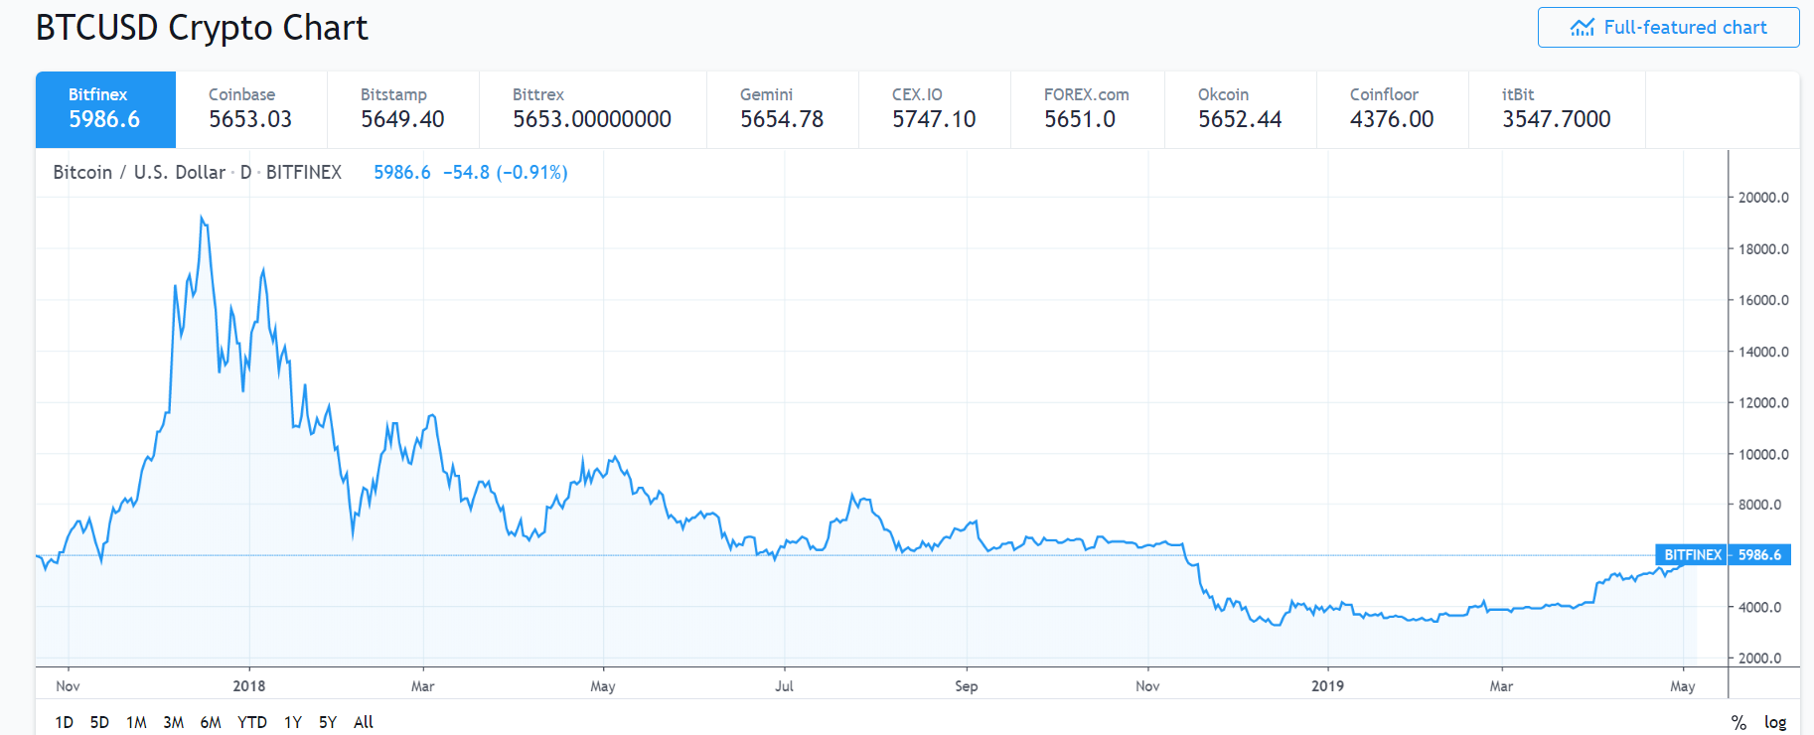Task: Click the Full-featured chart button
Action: pyautogui.click(x=1668, y=28)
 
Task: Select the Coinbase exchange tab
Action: pyautogui.click(x=250, y=109)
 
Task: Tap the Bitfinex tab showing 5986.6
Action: pyautogui.click(x=105, y=109)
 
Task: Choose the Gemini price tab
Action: pyautogui.click(x=782, y=109)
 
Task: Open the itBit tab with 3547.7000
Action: pyautogui.click(x=1556, y=109)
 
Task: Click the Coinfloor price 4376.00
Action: pyautogui.click(x=1392, y=119)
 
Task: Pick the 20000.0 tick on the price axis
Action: pyautogui.click(x=1762, y=198)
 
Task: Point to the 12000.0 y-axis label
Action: pyautogui.click(x=1762, y=402)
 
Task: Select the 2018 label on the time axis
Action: pyautogui.click(x=249, y=686)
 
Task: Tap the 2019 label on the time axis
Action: pyautogui.click(x=1327, y=686)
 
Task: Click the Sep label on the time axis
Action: pyautogui.click(x=966, y=686)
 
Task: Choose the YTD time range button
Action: pyautogui.click(x=252, y=722)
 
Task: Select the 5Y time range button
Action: pyautogui.click(x=328, y=722)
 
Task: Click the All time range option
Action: pyautogui.click(x=364, y=722)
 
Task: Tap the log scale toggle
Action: pyautogui.click(x=1775, y=722)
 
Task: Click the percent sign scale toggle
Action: pyautogui.click(x=1738, y=722)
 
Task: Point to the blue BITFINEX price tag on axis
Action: pyautogui.click(x=1692, y=555)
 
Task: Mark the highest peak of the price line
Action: pyautogui.click(x=202, y=218)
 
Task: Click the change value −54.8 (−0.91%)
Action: pyautogui.click(x=505, y=173)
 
